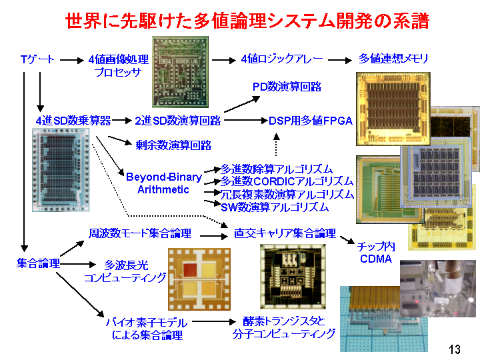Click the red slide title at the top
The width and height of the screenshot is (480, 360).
(x=247, y=21)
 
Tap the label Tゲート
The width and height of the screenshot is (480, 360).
(x=37, y=59)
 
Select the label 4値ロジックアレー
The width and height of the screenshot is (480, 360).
(x=281, y=59)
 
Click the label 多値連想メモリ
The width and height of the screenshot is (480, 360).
(x=393, y=58)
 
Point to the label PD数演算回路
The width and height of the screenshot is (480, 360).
(x=287, y=87)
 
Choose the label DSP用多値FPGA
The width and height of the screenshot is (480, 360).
(x=311, y=121)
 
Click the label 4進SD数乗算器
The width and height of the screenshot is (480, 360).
(x=73, y=121)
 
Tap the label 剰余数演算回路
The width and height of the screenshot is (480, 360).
(x=173, y=145)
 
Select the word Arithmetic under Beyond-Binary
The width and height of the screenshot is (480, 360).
(x=163, y=189)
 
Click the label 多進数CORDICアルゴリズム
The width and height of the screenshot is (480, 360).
(x=287, y=181)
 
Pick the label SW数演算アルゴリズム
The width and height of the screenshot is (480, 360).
(x=275, y=207)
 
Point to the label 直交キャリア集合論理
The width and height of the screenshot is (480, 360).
(x=285, y=233)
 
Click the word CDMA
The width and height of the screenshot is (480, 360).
(x=376, y=259)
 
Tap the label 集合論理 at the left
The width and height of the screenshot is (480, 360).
(x=38, y=263)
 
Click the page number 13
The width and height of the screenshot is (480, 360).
(x=455, y=349)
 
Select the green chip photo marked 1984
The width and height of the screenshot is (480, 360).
(x=181, y=72)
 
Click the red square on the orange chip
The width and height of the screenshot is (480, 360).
(x=190, y=270)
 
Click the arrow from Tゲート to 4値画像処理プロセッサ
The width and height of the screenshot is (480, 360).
(x=71, y=60)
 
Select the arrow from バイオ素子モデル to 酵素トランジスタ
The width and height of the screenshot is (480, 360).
(x=214, y=321)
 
